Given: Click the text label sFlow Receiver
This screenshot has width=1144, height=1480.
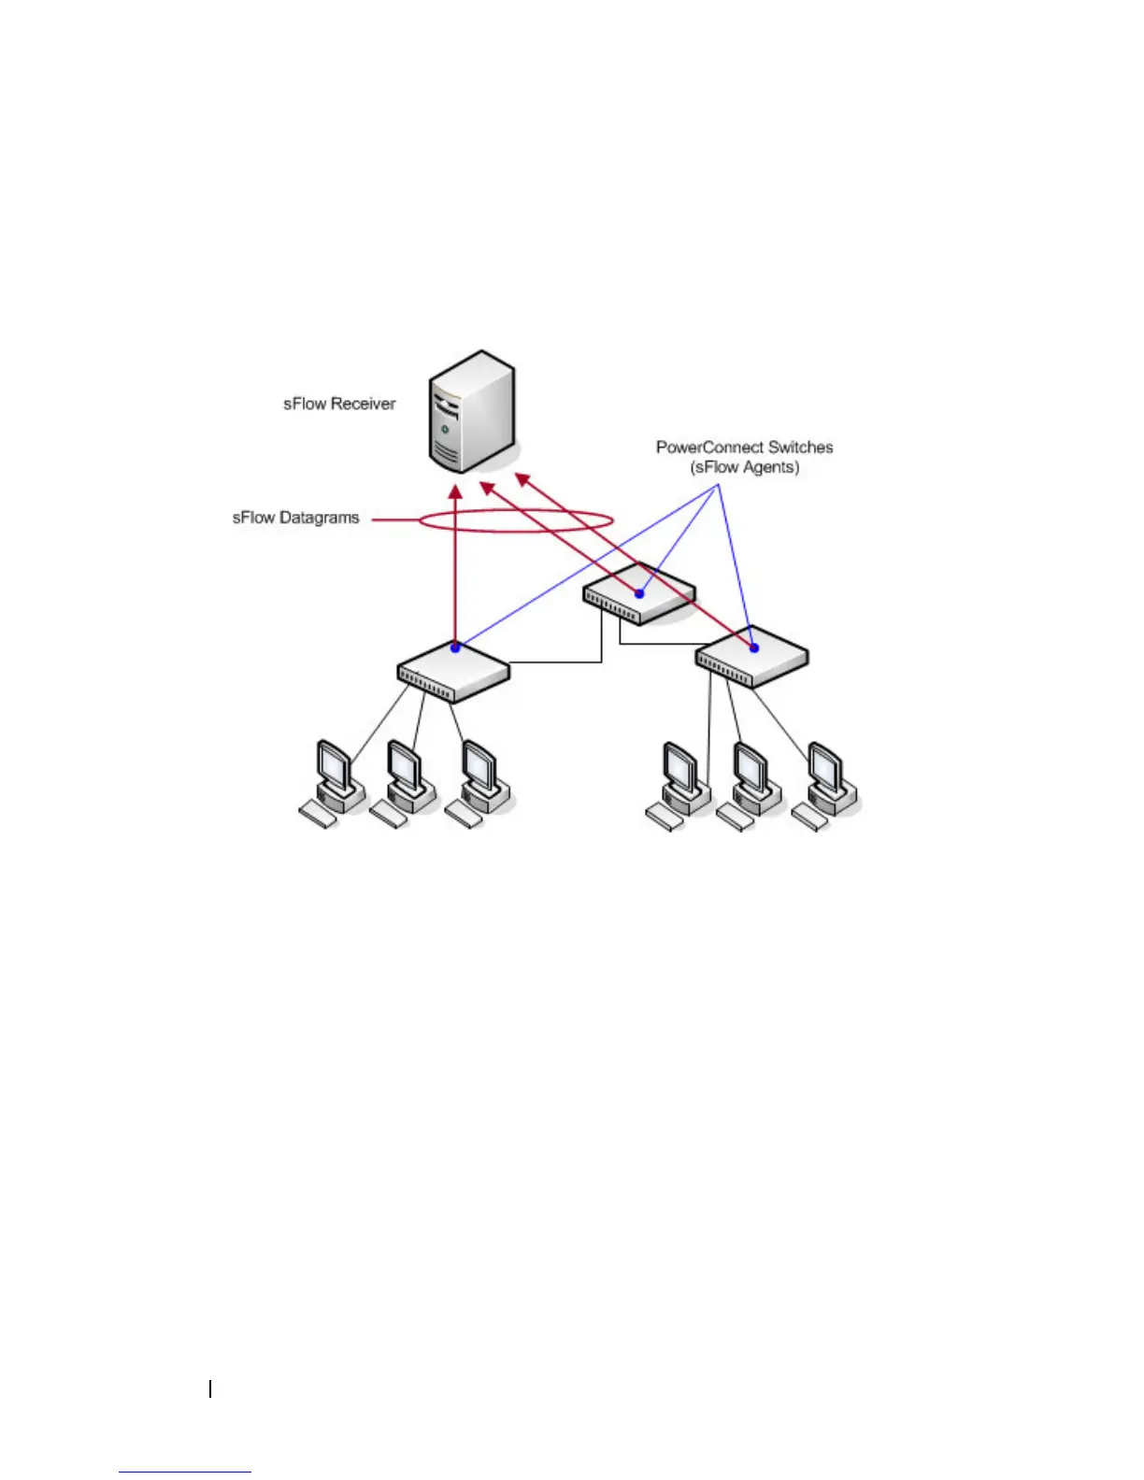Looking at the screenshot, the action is (339, 404).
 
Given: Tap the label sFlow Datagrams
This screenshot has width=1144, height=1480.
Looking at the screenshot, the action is (295, 518).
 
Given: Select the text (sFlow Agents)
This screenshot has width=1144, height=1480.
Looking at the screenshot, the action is (745, 467).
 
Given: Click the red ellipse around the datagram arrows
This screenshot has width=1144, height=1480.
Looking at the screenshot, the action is (515, 520).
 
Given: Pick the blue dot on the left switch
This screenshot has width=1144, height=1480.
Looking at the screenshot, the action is (455, 647).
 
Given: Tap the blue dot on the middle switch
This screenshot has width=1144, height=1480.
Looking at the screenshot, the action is (640, 593).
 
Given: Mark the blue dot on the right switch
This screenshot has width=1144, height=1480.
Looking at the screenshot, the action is (753, 647).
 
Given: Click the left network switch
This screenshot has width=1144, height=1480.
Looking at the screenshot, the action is (453, 671).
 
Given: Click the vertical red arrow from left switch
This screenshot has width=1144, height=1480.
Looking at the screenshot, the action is (455, 570).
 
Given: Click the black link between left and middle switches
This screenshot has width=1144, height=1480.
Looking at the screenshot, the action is (561, 662).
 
